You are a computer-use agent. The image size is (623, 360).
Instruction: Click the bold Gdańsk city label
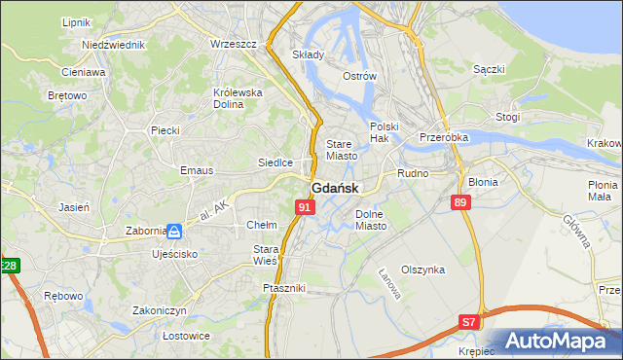335,189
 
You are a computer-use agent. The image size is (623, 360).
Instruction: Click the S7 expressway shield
470,321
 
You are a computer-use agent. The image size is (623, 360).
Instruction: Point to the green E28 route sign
9,266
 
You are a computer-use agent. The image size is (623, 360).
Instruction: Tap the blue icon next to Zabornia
173,232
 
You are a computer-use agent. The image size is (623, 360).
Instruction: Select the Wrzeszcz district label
233,45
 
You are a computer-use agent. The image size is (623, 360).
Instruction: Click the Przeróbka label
444,138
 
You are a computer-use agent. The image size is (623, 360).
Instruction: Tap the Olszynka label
422,270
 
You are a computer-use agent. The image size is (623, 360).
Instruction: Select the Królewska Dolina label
238,98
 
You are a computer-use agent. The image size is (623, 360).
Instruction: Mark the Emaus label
196,170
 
